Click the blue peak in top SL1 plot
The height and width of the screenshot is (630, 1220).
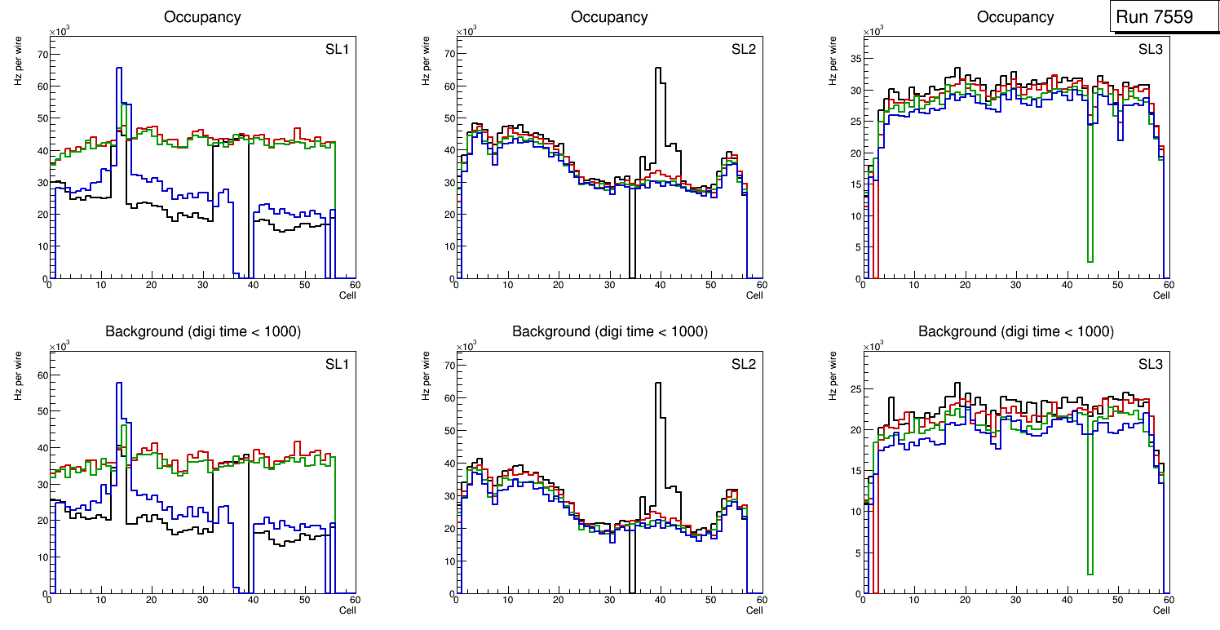click(x=119, y=69)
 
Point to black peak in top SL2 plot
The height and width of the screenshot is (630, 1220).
click(x=658, y=69)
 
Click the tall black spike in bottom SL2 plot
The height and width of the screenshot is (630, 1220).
click(x=658, y=384)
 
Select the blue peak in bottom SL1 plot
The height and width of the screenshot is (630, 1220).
click(x=119, y=384)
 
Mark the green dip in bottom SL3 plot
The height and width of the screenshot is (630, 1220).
click(x=1090, y=574)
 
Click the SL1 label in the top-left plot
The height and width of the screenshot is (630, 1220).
click(x=337, y=50)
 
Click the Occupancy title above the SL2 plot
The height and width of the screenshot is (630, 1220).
click(x=609, y=17)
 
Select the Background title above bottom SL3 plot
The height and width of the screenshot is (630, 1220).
click(x=1015, y=331)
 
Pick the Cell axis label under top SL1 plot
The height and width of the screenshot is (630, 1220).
click(x=347, y=295)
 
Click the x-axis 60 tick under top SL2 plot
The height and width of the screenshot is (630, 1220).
click(x=761, y=285)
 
